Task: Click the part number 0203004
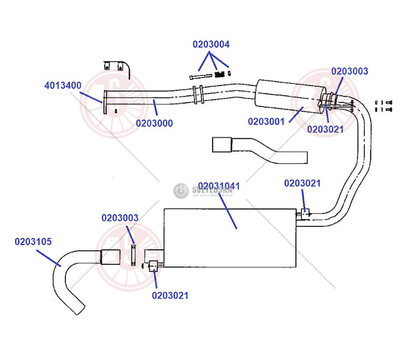pyautogui.click(x=211, y=45)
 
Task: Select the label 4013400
pyautogui.click(x=63, y=86)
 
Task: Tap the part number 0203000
pyautogui.click(x=154, y=124)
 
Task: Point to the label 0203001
pyautogui.click(x=267, y=122)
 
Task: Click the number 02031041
pyautogui.click(x=219, y=185)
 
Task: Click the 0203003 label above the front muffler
pyautogui.click(x=350, y=71)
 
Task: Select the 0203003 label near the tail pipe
pyautogui.click(x=120, y=218)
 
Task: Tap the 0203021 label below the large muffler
pyautogui.click(x=170, y=295)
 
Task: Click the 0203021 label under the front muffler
pyautogui.click(x=325, y=129)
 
